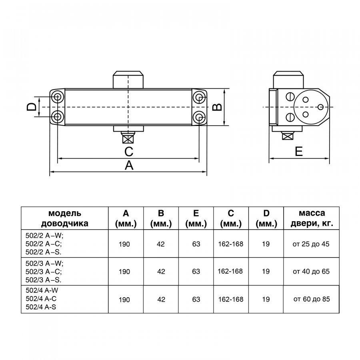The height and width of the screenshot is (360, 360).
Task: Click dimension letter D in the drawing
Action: (32, 107)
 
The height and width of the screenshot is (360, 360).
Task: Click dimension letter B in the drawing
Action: (217, 107)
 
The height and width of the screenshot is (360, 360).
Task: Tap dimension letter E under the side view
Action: (299, 151)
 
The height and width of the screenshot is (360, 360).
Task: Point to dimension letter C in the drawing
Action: (129, 152)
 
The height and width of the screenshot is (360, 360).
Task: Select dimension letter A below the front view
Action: (129, 165)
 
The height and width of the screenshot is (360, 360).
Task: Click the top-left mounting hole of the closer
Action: (57, 97)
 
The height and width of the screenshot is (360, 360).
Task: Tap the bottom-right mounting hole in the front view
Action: (199, 116)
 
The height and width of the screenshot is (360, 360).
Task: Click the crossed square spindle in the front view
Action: (128, 139)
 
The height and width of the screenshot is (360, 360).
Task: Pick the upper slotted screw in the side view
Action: (290, 97)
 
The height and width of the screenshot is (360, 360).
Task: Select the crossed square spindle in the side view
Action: (288, 136)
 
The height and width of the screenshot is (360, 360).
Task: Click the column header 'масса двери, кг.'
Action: (312, 218)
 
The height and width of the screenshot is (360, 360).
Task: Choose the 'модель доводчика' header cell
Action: (65, 218)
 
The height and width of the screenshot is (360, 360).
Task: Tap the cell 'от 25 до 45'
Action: (311, 244)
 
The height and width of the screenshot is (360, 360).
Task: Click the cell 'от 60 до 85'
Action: (312, 299)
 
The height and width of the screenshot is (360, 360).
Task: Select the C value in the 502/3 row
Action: (230, 271)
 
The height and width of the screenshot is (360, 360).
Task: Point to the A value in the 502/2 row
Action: (124, 244)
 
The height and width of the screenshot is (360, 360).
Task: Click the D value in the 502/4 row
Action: (266, 299)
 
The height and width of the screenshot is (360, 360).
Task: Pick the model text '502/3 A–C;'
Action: (44, 272)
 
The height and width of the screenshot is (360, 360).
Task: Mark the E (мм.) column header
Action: (196, 218)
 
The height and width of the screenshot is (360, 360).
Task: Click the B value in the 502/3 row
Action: (161, 272)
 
